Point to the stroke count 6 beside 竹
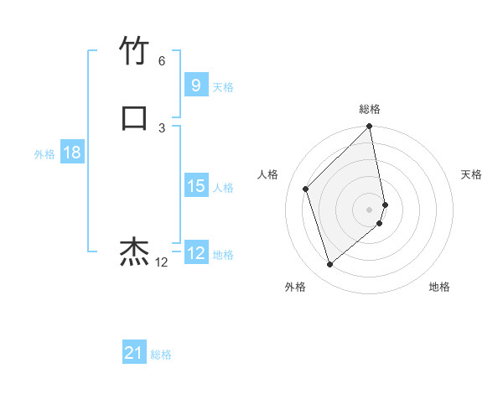162,61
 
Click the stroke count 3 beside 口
162,127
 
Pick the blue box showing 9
195,85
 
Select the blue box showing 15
195,186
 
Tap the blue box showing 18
72,153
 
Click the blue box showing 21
134,354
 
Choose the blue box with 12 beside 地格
195,253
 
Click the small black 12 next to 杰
162,262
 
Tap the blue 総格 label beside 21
161,355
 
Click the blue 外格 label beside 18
44,154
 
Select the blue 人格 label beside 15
223,188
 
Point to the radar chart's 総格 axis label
370,109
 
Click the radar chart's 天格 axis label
471,174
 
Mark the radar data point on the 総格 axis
370,127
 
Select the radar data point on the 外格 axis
329,265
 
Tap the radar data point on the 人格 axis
306,189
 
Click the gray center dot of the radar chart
370,209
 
